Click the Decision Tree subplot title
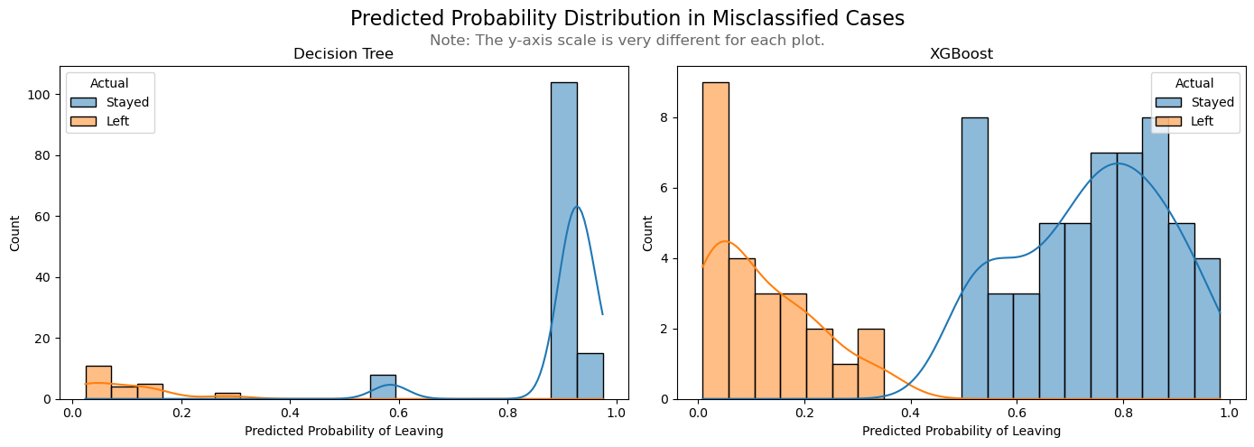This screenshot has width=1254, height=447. (x=343, y=54)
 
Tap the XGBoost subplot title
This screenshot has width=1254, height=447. (x=961, y=54)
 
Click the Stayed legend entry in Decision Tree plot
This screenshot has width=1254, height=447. (x=126, y=102)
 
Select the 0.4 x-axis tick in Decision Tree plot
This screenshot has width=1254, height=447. (x=289, y=413)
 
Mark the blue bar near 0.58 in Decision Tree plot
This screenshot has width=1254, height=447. (x=383, y=386)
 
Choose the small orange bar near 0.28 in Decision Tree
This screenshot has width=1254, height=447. (x=228, y=396)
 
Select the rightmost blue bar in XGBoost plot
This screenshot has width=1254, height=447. (x=1207, y=329)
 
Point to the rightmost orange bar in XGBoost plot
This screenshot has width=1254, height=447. (x=870, y=364)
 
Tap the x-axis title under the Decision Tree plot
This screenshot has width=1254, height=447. (x=343, y=431)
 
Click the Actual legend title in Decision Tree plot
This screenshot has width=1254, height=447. (x=109, y=84)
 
